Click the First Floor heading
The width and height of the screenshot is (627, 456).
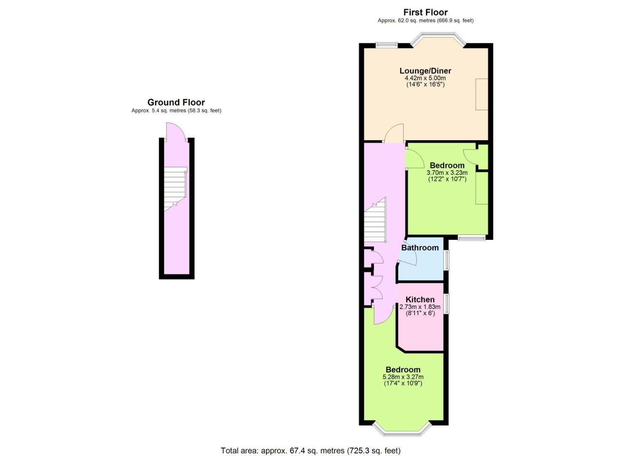tap(425, 12)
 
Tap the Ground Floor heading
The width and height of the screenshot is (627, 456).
tap(176, 102)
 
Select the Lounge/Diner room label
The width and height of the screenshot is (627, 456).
tap(425, 71)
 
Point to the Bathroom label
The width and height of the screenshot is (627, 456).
tap(420, 247)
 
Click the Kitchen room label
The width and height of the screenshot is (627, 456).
tap(420, 299)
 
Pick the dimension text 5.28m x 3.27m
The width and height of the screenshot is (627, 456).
tap(403, 377)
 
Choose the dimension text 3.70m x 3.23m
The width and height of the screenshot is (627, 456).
tap(447, 173)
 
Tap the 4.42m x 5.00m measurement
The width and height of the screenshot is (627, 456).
tap(425, 78)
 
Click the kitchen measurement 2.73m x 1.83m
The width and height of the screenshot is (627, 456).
tap(420, 307)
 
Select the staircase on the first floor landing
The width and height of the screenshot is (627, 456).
tap(375, 220)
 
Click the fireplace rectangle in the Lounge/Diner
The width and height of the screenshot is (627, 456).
tap(482, 94)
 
